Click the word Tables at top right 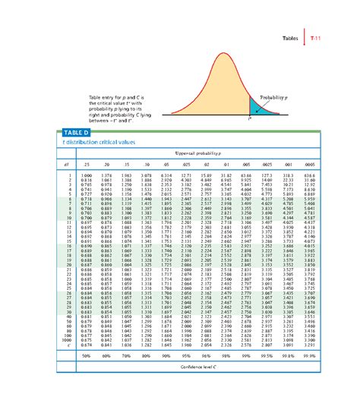coord(292,37)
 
